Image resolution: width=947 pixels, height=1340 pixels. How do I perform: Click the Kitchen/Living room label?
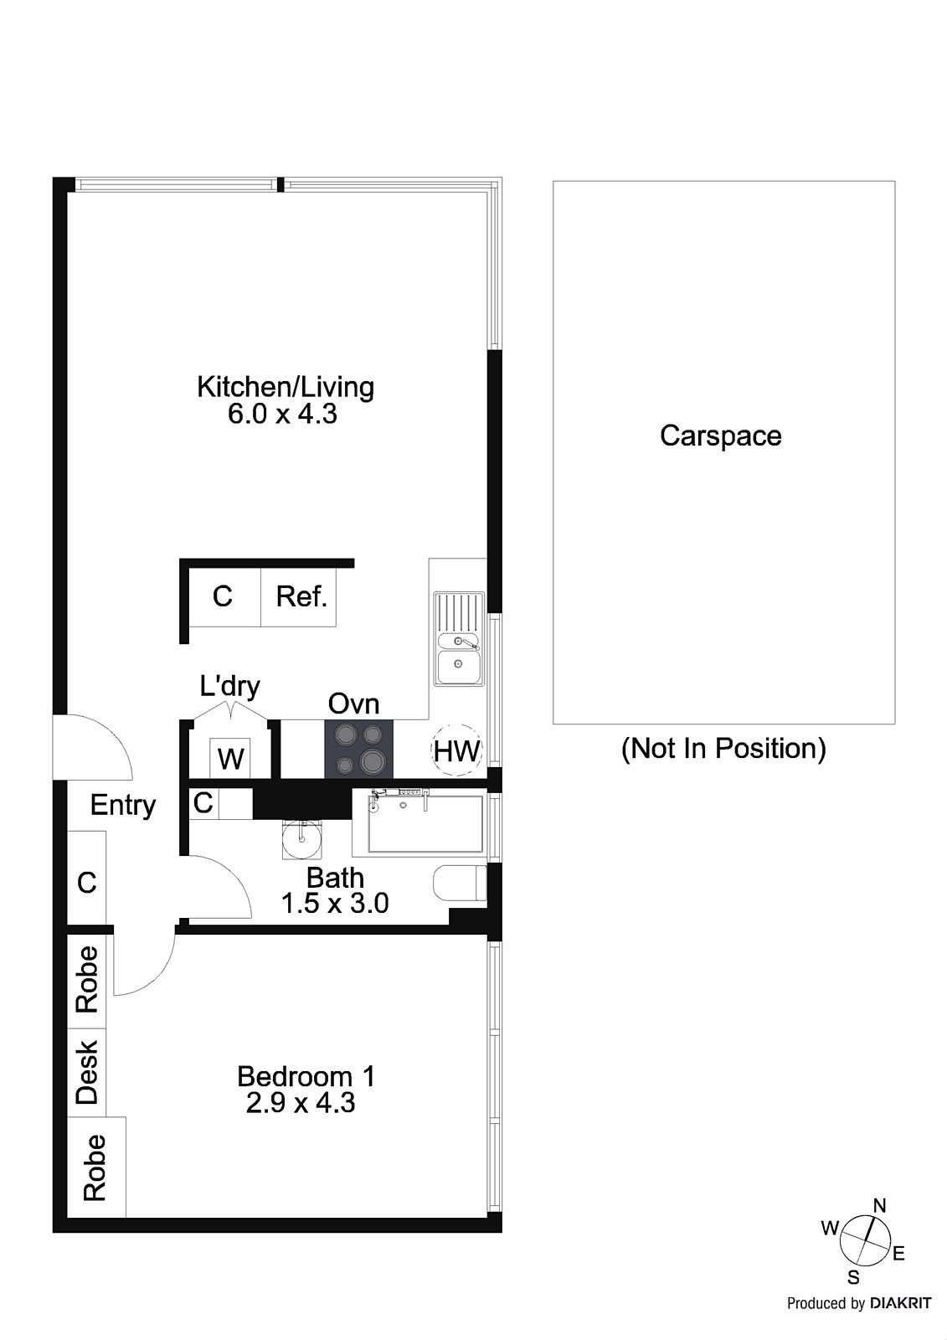pos(285,387)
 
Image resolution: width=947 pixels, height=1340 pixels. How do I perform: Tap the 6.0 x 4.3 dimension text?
pos(282,414)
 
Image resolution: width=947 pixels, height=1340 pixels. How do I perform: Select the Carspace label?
pos(720,435)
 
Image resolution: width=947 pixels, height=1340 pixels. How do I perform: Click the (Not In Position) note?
pos(723,748)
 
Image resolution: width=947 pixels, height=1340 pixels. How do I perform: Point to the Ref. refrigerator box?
pos(301,597)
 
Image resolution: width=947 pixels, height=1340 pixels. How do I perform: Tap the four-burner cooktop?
pos(359,749)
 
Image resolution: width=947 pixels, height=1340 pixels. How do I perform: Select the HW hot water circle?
pos(456,751)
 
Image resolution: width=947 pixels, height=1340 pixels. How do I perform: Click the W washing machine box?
pos(230,759)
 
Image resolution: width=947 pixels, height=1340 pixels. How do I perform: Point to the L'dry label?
pos(229,686)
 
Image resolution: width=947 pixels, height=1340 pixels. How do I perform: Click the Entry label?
pos(123,805)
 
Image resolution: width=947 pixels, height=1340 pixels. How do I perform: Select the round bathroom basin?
pos(301,839)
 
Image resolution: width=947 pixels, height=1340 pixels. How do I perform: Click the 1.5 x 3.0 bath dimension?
pos(334,904)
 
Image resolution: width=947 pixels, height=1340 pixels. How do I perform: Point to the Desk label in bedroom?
pos(87,1072)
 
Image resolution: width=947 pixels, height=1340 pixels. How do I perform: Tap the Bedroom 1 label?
pos(306,1076)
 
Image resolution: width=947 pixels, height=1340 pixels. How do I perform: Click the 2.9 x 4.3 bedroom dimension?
pos(301,1103)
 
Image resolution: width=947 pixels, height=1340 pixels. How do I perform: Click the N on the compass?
pos(879,1206)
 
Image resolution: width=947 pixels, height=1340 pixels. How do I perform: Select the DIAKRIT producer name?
pos(900,1303)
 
